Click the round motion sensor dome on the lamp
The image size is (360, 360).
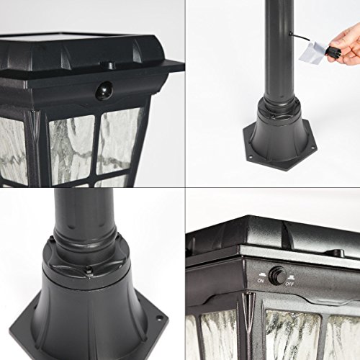pyautogui.click(x=104, y=90)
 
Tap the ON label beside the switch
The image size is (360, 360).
pyautogui.click(x=261, y=280)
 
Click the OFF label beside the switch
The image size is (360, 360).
pyautogui.click(x=289, y=284)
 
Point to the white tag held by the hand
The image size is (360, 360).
pyautogui.click(x=312, y=50)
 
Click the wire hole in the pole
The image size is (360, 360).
pyautogui.click(x=290, y=34)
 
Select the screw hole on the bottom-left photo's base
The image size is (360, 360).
pyautogui.click(x=158, y=318)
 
